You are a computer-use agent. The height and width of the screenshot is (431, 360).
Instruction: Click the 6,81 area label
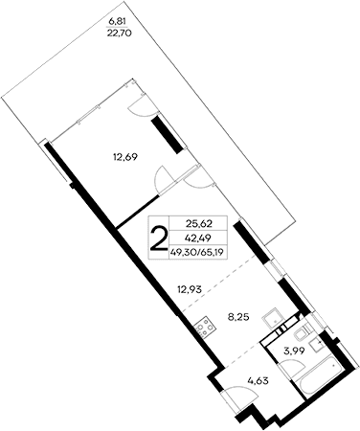[116, 18]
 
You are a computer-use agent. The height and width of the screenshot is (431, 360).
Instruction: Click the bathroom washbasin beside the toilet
[298, 332]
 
